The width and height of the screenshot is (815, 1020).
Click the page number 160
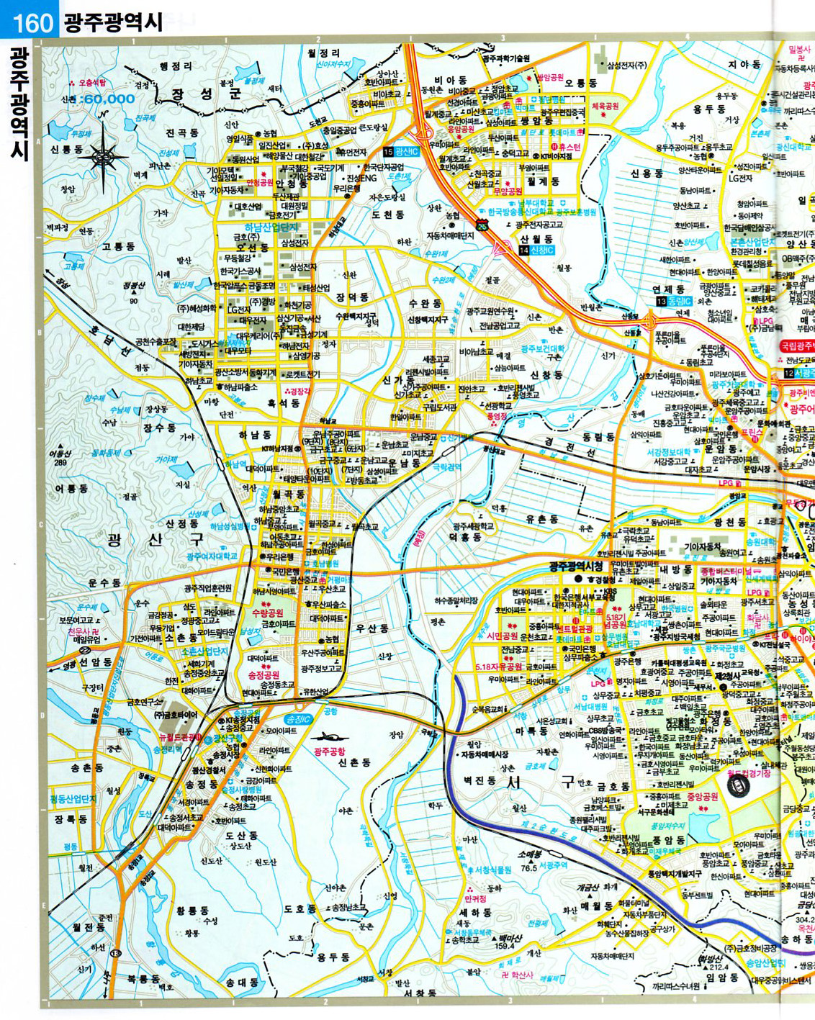pyautogui.click(x=33, y=22)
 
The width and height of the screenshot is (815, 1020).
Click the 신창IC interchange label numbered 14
pyautogui.click(x=536, y=250)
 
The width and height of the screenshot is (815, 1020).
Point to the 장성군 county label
pyautogui.click(x=205, y=94)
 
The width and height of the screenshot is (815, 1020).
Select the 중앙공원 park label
pyautogui.click(x=703, y=797)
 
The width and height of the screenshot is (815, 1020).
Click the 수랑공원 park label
pyautogui.click(x=268, y=613)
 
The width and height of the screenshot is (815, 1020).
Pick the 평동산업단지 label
pyautogui.click(x=73, y=799)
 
